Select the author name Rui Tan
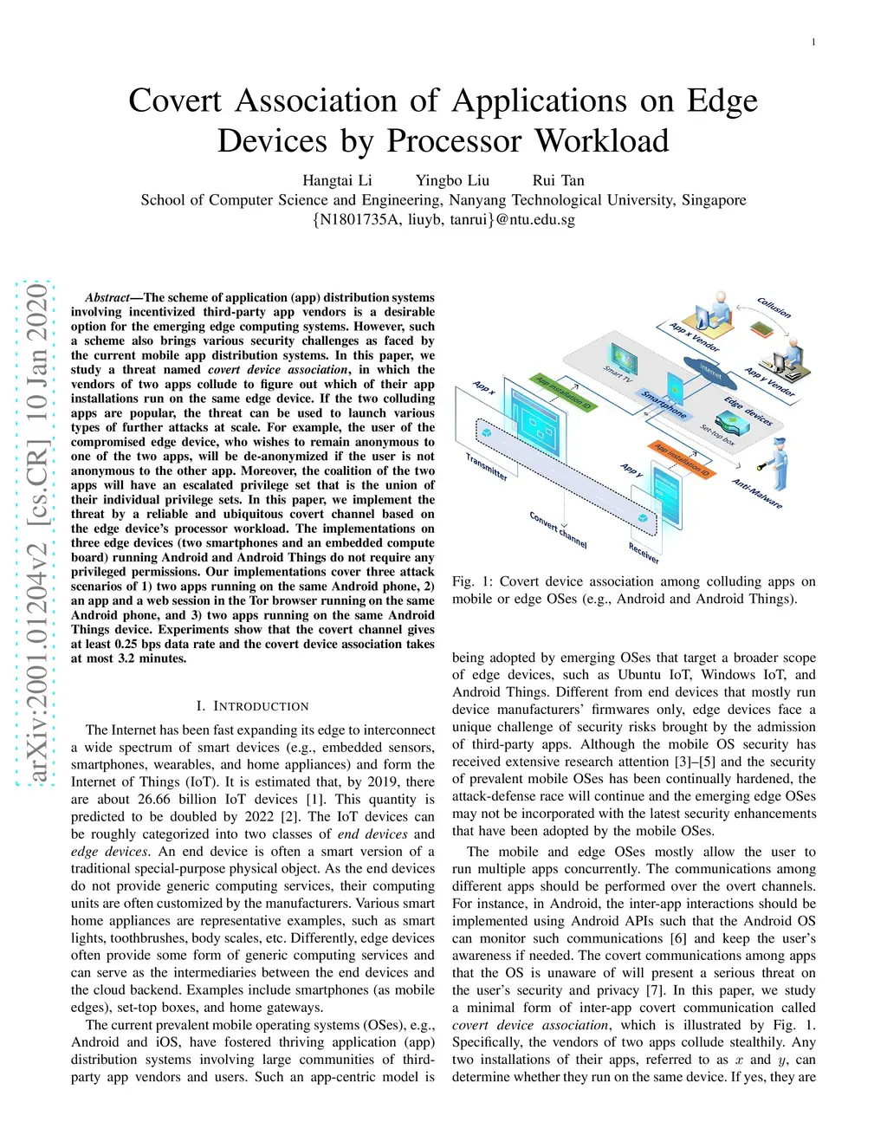[x=558, y=180]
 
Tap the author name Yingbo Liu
[x=452, y=180]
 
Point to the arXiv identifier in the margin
[x=36, y=532]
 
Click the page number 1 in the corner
[x=813, y=42]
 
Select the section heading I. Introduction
[x=252, y=706]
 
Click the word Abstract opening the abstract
[x=107, y=297]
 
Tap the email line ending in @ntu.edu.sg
[x=443, y=219]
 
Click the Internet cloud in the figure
[x=710, y=372]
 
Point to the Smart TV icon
[x=623, y=358]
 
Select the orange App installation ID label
[x=681, y=460]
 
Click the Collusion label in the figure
[x=774, y=308]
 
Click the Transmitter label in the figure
[x=486, y=467]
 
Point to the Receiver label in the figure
[x=644, y=552]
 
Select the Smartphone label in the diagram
[x=664, y=404]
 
